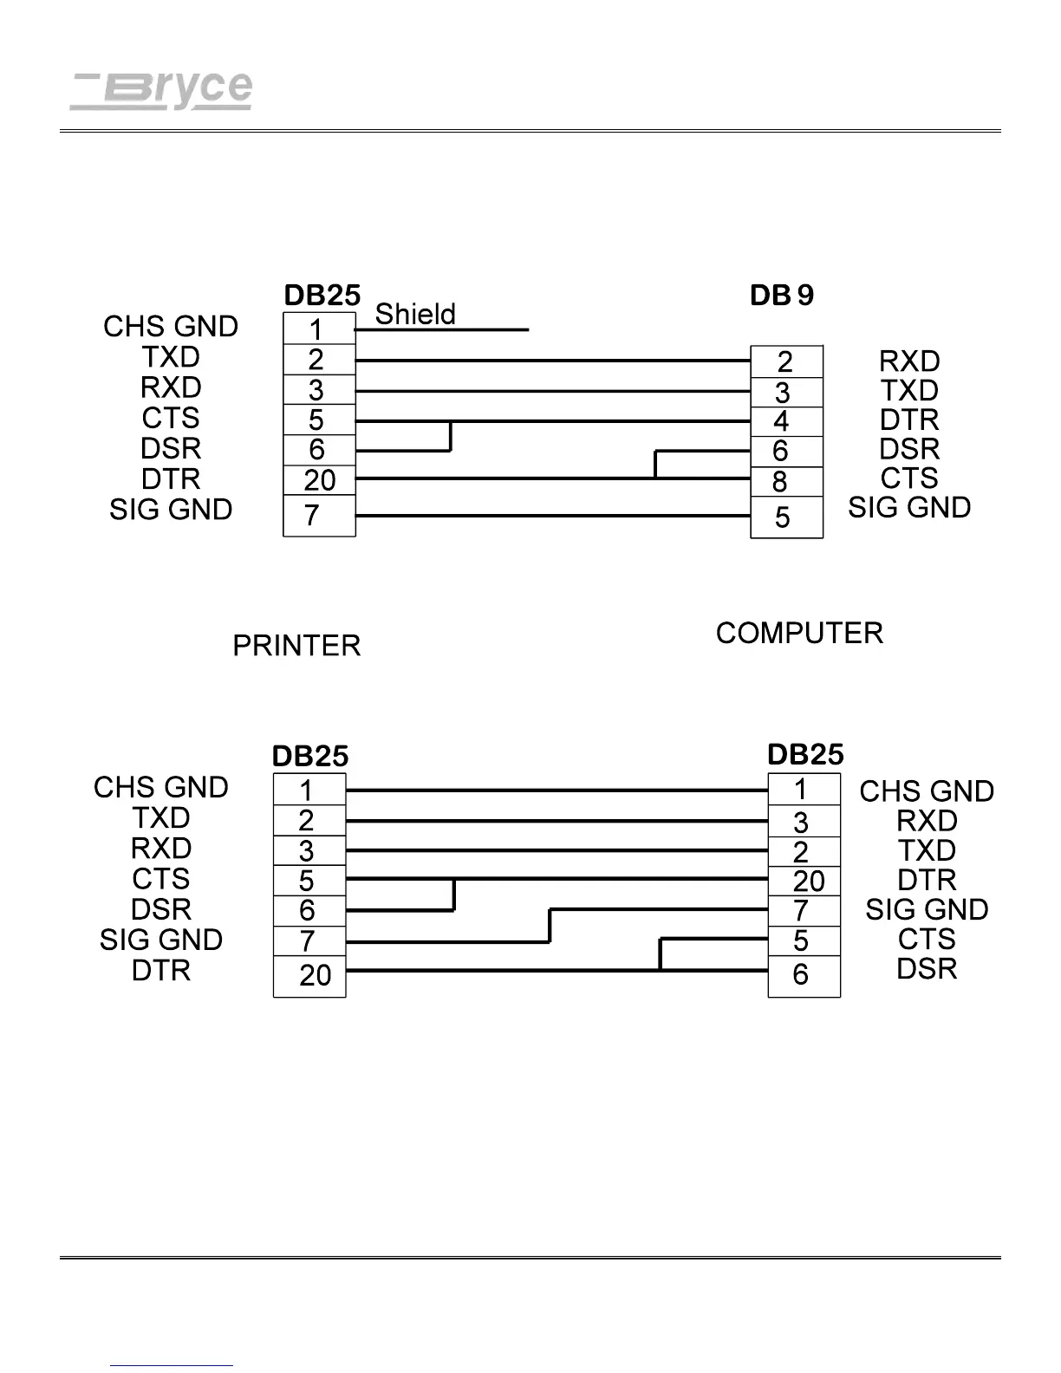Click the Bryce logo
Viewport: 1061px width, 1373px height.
point(161,89)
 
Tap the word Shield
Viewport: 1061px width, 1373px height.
point(414,314)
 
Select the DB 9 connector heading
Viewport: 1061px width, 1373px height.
point(782,296)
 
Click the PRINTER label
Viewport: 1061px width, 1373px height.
point(296,646)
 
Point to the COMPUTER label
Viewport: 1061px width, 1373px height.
point(799,634)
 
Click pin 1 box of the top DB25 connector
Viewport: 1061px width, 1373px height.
point(319,329)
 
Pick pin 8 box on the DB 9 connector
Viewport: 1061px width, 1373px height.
point(785,481)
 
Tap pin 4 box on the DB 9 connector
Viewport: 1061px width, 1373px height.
point(785,421)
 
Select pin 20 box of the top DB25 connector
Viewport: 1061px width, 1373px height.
point(319,480)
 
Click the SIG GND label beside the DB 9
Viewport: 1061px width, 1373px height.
point(909,508)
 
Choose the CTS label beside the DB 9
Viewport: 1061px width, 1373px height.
point(909,478)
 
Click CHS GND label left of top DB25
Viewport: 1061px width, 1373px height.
point(171,327)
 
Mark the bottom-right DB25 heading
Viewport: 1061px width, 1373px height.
point(805,755)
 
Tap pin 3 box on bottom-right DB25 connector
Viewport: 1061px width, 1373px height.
point(804,822)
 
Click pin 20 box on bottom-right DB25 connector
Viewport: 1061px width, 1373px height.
point(804,881)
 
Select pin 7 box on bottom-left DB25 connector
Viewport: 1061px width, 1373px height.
point(309,940)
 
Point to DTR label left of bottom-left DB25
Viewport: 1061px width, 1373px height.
point(161,971)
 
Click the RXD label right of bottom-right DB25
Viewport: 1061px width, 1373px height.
point(927,821)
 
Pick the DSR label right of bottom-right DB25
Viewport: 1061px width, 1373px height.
point(927,969)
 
